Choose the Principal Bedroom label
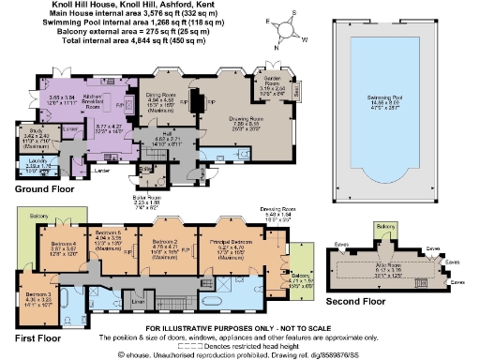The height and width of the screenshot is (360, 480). pos(237,243)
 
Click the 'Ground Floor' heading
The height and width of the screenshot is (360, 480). pos(45,190)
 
